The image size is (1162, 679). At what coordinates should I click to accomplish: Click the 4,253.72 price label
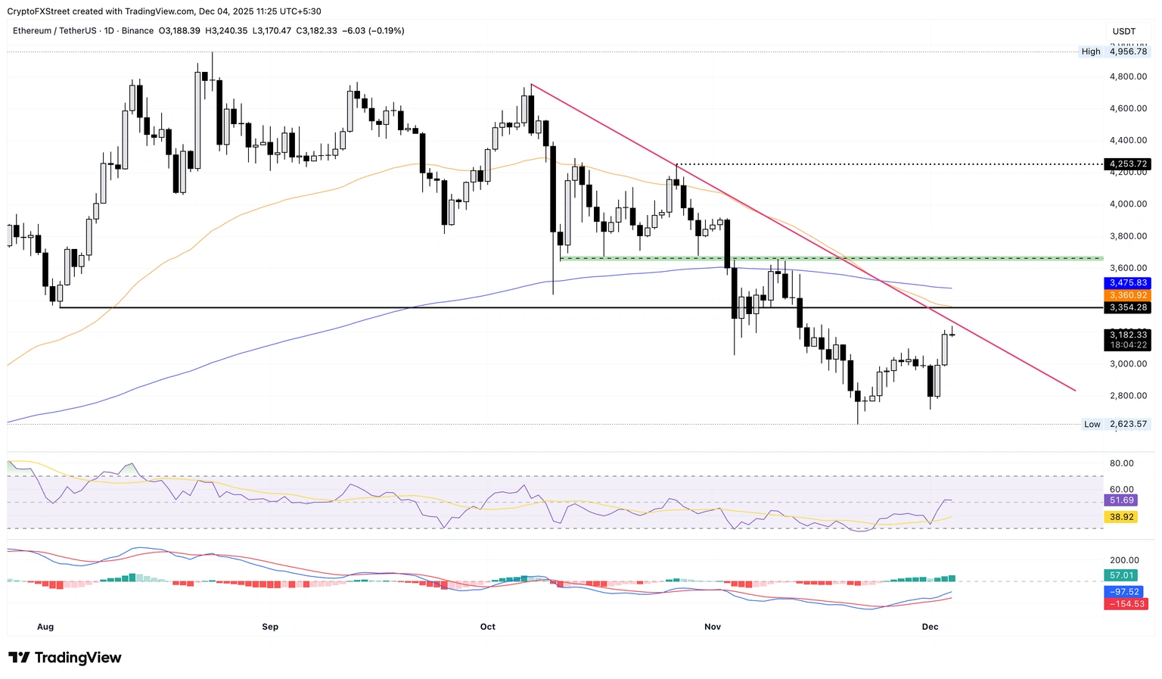coord(1126,164)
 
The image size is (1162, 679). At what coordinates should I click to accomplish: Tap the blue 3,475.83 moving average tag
coord(1126,283)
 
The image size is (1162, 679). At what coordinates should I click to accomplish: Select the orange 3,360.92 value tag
coord(1126,295)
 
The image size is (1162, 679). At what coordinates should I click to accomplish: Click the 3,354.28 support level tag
coord(1126,307)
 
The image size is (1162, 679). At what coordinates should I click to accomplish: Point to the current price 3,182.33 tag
coord(1126,335)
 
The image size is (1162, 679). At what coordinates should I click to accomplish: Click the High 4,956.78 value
coord(1127,51)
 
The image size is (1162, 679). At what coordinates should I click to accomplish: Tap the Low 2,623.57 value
coord(1127,424)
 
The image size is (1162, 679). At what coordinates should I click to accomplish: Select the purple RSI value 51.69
coord(1121,500)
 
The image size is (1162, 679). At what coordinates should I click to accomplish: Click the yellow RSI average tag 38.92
coord(1121,517)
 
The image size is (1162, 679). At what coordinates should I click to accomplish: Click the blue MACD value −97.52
coord(1123,592)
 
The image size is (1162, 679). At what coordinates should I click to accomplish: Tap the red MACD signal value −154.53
coord(1126,604)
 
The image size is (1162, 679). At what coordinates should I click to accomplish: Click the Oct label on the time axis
coord(487,627)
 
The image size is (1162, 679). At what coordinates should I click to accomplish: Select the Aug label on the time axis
coord(45,627)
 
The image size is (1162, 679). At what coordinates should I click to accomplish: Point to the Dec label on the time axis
coord(930,627)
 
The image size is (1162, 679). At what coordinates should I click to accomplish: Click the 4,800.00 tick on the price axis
coord(1127,76)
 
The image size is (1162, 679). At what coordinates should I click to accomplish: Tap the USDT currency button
coord(1124,31)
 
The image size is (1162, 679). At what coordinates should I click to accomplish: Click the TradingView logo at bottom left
coord(65,658)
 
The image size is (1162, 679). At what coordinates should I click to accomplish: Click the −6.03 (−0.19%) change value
coord(373,31)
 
